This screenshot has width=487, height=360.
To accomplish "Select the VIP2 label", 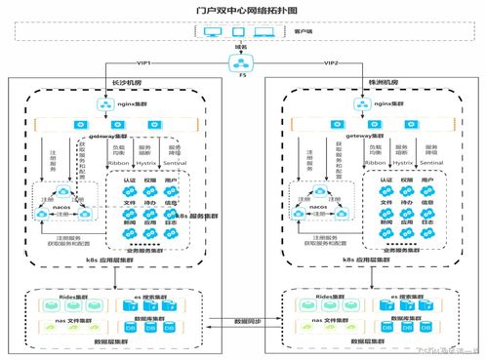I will (x=329, y=60).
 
